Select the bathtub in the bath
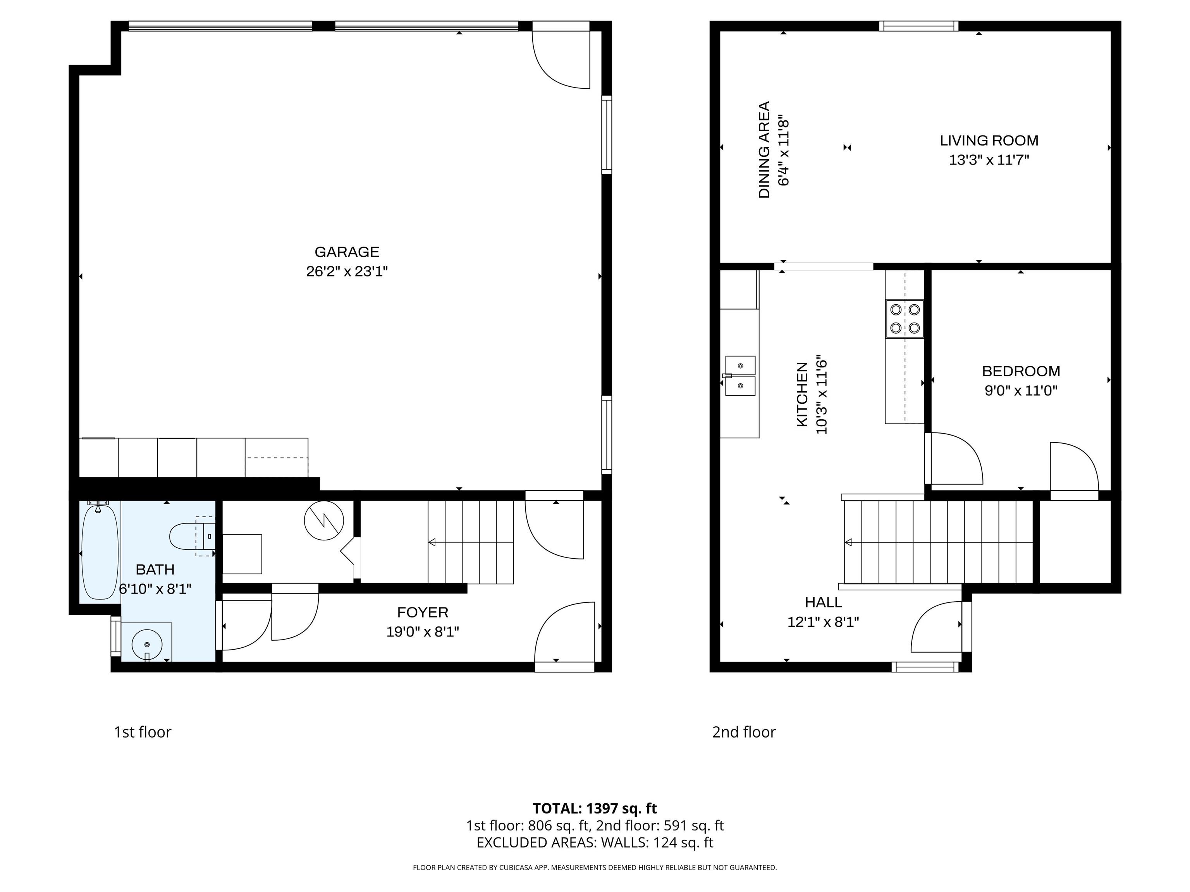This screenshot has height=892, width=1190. tap(100, 552)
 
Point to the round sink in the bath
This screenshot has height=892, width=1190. tap(147, 643)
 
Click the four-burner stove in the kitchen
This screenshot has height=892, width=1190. tap(905, 318)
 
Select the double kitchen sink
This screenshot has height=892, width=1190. tap(740, 375)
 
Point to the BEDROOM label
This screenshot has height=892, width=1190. tap(1021, 371)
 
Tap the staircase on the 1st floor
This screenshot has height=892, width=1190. tap(470, 542)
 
